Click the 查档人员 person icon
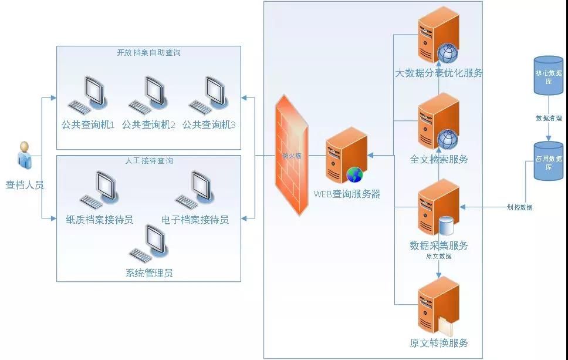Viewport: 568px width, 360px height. [24, 155]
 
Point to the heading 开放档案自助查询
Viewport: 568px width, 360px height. [148, 53]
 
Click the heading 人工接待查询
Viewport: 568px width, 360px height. [149, 160]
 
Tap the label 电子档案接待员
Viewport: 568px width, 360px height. [195, 220]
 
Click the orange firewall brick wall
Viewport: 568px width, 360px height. [292, 155]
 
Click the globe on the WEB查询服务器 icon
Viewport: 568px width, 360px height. [354, 174]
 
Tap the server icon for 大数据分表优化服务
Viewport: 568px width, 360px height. [437, 35]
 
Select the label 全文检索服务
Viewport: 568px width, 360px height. [439, 159]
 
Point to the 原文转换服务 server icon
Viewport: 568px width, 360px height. [437, 305]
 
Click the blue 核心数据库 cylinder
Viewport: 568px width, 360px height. [548, 75]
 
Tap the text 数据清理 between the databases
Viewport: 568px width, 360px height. [548, 118]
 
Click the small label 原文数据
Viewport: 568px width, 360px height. [438, 256]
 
